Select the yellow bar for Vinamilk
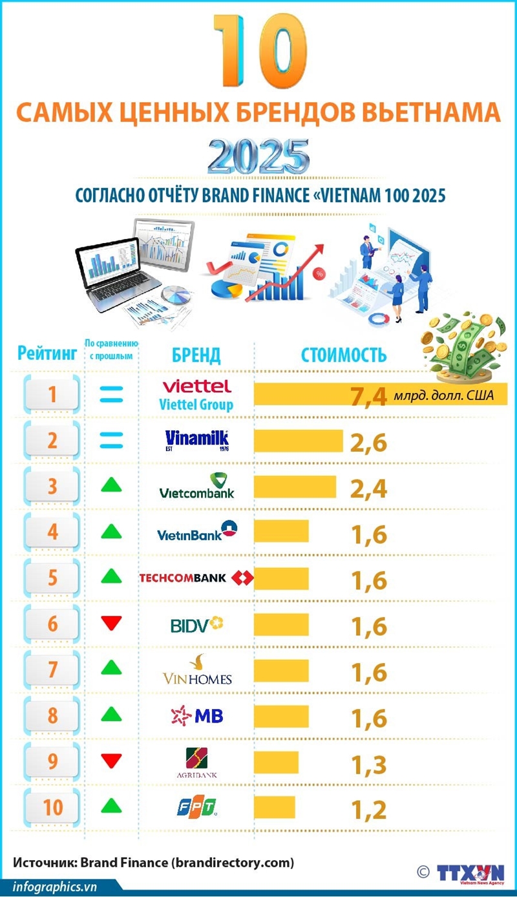[x=298, y=441]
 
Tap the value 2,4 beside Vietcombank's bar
[x=369, y=488]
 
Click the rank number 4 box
[x=52, y=533]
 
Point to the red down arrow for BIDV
[x=112, y=624]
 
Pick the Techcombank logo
[x=196, y=577]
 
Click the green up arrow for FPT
[x=112, y=806]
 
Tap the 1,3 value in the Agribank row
[x=369, y=765]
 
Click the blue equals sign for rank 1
[x=111, y=394]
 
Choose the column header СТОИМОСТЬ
[x=344, y=355]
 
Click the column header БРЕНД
[x=196, y=355]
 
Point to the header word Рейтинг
[x=48, y=353]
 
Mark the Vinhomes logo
[x=196, y=670]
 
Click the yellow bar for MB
[x=281, y=717]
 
